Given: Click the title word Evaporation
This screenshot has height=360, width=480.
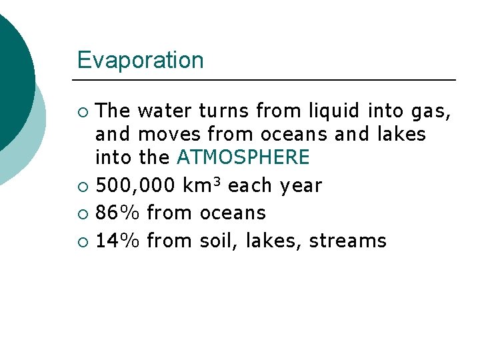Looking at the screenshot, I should (x=140, y=60).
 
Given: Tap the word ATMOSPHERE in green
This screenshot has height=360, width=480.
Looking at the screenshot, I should (x=243, y=158).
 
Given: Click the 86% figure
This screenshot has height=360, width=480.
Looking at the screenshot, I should (x=117, y=213).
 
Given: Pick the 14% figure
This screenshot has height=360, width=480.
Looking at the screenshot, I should (x=117, y=241).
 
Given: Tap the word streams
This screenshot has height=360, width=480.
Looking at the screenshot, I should (x=347, y=241).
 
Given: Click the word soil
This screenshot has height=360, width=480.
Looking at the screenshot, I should (x=219, y=241).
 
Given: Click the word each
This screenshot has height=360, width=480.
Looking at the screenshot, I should (x=251, y=185).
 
